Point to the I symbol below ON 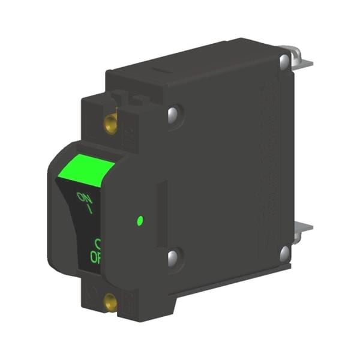point(89,209)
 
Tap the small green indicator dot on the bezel point(140,221)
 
